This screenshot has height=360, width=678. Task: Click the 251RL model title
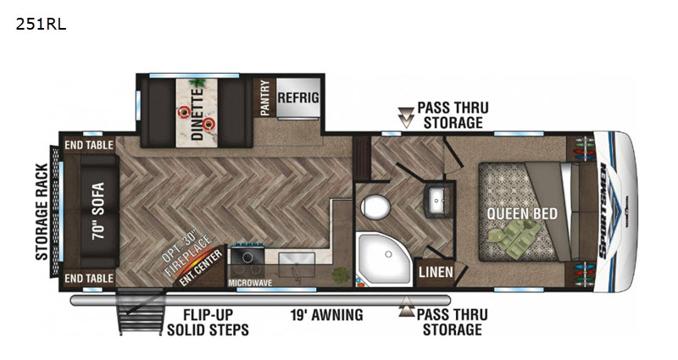click(x=41, y=25)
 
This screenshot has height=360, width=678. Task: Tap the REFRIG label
click(x=298, y=97)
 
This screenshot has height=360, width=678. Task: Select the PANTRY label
click(x=264, y=97)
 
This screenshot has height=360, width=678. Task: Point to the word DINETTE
click(x=197, y=114)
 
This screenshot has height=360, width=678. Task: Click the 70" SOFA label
click(x=98, y=211)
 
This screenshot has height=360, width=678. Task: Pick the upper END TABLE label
click(x=89, y=145)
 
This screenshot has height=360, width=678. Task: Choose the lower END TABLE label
click(x=89, y=279)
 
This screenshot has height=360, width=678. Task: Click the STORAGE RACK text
click(x=42, y=212)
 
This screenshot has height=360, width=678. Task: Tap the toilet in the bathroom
click(x=375, y=207)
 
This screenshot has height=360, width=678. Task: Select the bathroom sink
click(x=437, y=201)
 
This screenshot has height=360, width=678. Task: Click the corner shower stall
click(x=384, y=260)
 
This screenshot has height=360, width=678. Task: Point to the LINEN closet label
click(x=436, y=272)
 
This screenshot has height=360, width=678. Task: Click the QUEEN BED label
click(x=522, y=213)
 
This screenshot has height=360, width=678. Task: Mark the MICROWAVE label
click(x=250, y=283)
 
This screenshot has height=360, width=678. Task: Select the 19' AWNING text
click(x=327, y=315)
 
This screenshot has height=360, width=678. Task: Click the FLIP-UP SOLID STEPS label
click(x=208, y=323)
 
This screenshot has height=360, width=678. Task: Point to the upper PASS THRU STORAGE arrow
click(x=406, y=118)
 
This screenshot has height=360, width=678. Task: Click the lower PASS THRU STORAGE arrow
click(x=407, y=307)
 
